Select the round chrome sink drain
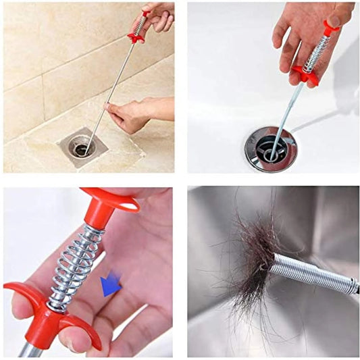(269, 147)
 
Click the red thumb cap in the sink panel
(331, 26)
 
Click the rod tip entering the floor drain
(86, 142)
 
